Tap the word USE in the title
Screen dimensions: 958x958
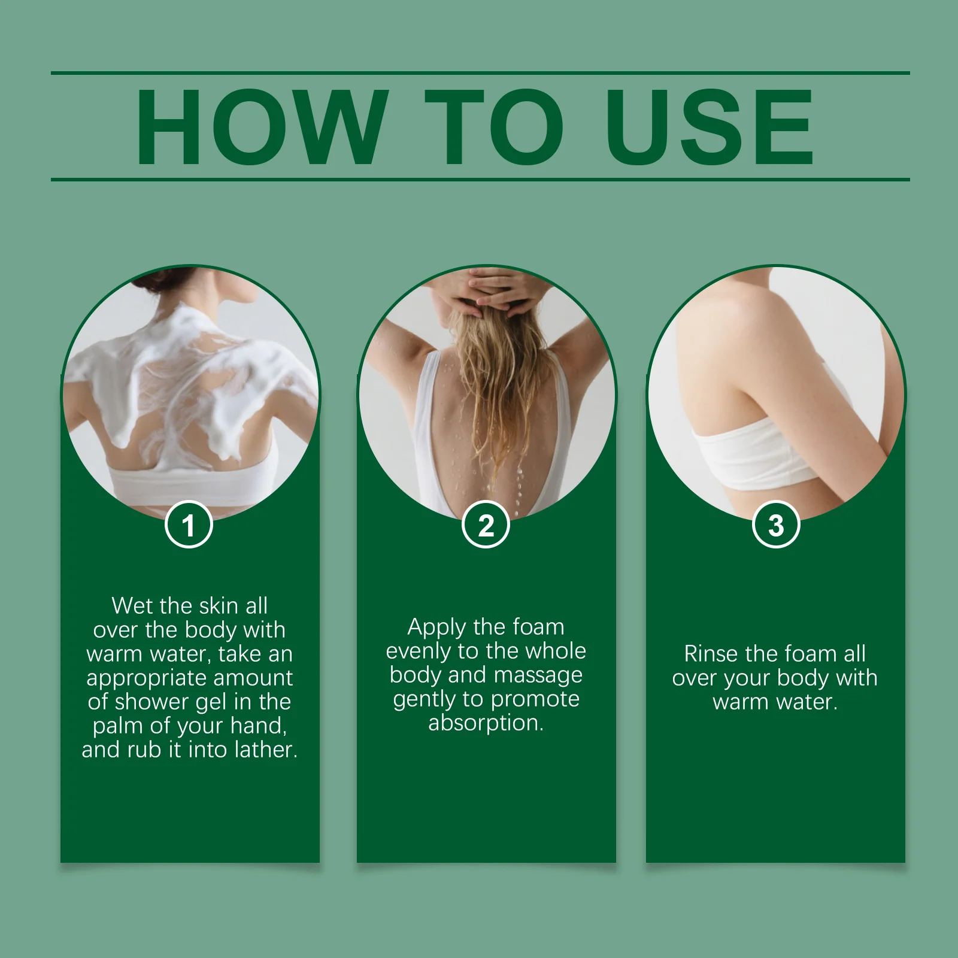click(x=710, y=127)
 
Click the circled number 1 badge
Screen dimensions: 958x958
click(x=189, y=525)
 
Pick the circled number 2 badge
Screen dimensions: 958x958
click(x=486, y=525)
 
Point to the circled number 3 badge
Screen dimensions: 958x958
click(x=776, y=525)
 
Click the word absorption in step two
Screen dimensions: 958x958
click(x=486, y=723)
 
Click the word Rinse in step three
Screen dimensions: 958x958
click(x=709, y=654)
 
